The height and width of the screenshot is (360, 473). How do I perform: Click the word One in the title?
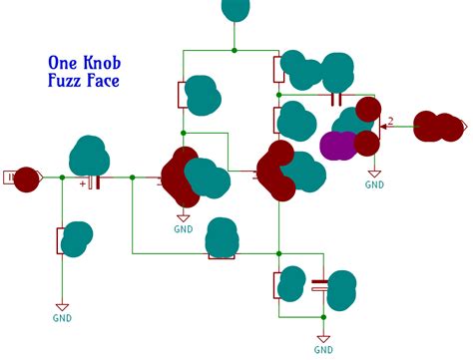point(62,62)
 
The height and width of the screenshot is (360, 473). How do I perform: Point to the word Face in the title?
point(104,80)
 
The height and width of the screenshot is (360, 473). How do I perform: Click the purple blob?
point(340,145)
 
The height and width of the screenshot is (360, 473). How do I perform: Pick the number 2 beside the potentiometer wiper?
point(391,121)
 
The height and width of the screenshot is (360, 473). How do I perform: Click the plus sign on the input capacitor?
point(83,183)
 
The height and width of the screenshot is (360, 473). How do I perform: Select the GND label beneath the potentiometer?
point(374,184)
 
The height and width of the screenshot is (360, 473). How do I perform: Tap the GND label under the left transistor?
point(184,228)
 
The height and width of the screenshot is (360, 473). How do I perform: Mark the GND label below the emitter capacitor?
point(323,350)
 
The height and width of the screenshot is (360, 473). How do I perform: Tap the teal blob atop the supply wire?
point(236,8)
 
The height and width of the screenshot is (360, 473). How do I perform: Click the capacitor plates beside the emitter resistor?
point(319,283)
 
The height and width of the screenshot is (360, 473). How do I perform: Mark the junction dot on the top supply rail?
point(236,50)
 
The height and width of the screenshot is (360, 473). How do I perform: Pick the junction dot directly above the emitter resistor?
point(279,258)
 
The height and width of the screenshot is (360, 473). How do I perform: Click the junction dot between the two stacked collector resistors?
point(279,96)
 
